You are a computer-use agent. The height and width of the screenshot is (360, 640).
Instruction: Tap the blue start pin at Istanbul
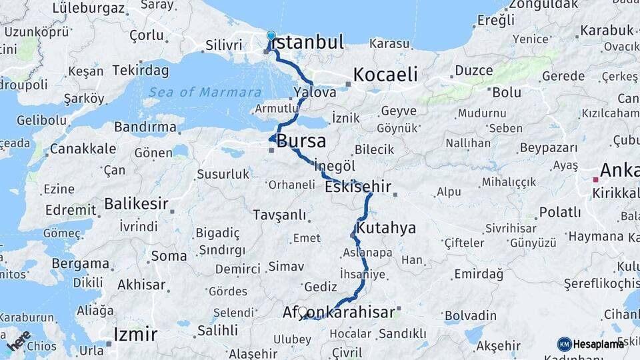coord(271,36)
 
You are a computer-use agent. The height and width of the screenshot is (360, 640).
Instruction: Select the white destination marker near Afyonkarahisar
coord(303,312)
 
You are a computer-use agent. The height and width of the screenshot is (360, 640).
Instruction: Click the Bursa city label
coord(301,141)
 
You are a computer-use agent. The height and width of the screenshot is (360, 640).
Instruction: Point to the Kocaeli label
coord(385,75)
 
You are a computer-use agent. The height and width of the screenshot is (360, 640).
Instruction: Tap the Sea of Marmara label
coord(205,92)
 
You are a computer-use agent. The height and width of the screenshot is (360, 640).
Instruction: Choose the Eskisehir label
coord(358,187)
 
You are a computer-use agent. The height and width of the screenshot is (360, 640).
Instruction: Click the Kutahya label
coord(386,228)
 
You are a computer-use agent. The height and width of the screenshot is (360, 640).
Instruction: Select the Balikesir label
coord(136,203)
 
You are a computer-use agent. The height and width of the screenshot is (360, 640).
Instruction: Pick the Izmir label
coord(135,334)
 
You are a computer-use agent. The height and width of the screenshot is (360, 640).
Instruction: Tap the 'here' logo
coord(18,341)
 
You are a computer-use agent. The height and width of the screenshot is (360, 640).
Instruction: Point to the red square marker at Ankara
coord(595,179)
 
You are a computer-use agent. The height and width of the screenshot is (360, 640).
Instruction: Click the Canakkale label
coord(83,149)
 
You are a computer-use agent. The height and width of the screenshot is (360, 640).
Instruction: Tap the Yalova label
coord(315,93)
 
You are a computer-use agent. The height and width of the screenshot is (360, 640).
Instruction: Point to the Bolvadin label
coord(471,314)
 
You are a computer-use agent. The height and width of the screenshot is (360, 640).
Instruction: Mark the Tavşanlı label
coord(280,215)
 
